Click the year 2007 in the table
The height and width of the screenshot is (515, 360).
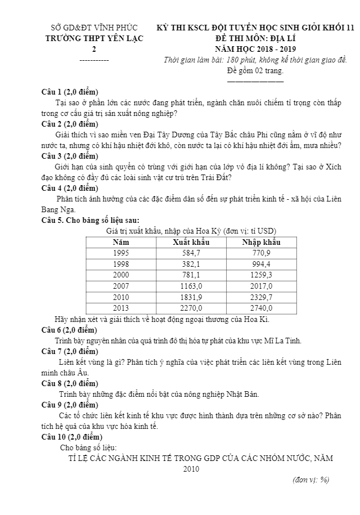pos(121,286)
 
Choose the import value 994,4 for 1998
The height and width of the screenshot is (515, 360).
pos(262,264)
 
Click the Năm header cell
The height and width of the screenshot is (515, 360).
pos(121,242)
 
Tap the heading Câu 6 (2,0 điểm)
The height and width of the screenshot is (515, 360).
pos(70,330)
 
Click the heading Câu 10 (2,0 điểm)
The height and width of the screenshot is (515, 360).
pos(72,437)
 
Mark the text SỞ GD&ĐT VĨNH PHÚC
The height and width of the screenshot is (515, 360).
pos(94,28)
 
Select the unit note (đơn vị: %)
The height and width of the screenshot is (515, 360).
pos(311,480)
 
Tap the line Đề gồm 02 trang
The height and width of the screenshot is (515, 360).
pos(255,70)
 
